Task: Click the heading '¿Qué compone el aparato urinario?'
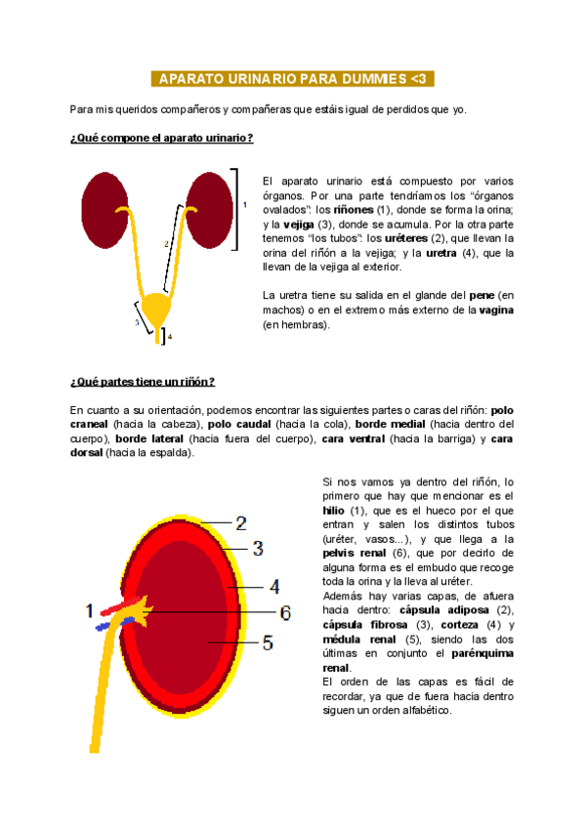click(x=163, y=139)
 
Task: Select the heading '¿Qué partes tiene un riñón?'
click(x=143, y=381)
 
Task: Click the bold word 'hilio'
click(x=333, y=510)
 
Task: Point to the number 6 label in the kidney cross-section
click(x=285, y=612)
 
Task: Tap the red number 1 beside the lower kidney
click(x=90, y=611)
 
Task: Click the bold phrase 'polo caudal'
click(x=240, y=426)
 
